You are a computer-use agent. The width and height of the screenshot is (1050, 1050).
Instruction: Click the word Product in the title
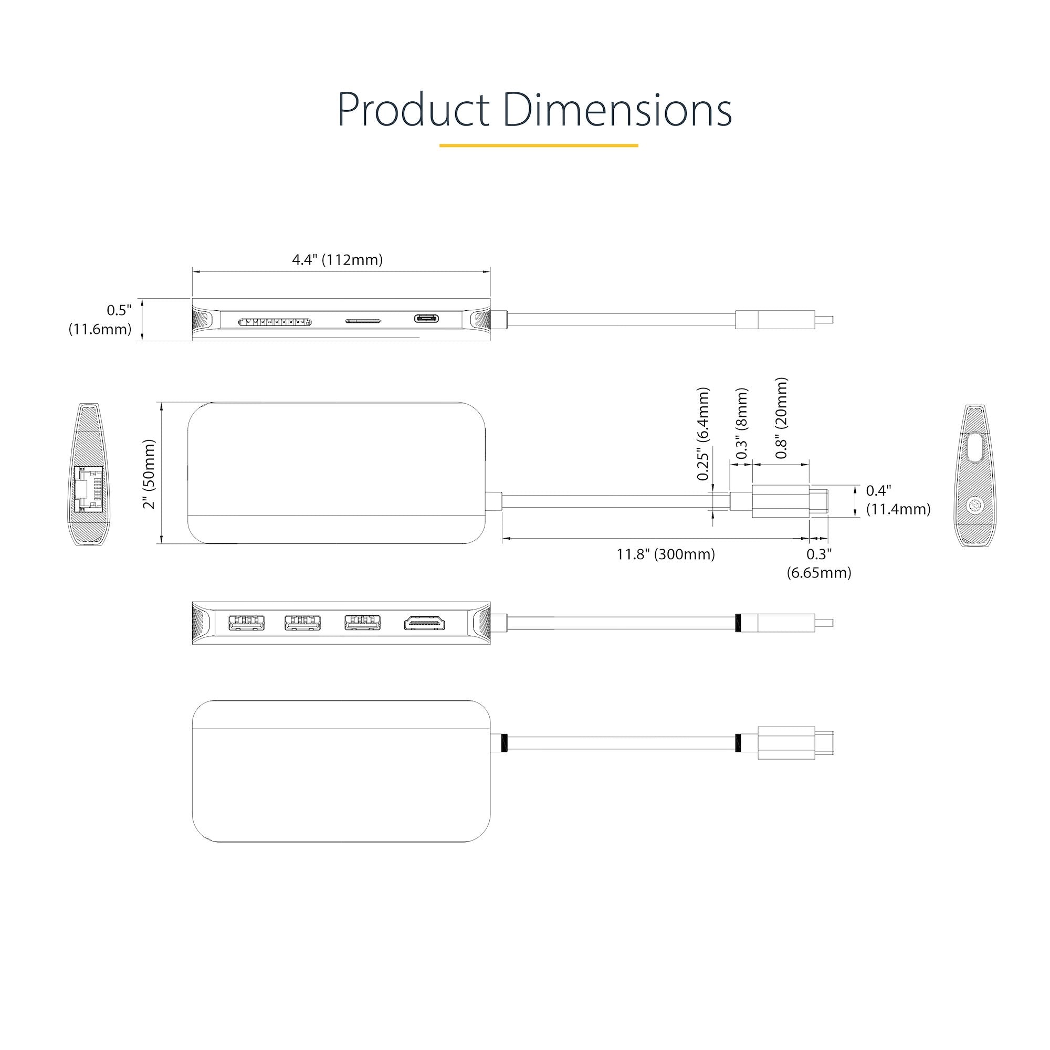tap(413, 110)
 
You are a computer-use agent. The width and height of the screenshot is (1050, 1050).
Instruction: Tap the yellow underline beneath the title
tap(538, 145)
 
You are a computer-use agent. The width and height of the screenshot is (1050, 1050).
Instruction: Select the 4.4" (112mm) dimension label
tap(337, 260)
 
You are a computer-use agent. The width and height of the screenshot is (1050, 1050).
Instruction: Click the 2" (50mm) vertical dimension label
tap(149, 474)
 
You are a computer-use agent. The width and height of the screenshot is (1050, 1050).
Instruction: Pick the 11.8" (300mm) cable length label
tap(665, 554)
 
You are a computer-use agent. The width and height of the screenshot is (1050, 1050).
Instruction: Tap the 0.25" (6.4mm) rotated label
tap(703, 434)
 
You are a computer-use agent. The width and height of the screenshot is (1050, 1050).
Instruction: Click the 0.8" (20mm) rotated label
tap(781, 418)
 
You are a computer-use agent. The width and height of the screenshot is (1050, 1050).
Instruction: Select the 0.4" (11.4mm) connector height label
tap(897, 500)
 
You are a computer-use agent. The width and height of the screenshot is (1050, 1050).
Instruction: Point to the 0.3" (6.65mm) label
tap(818, 563)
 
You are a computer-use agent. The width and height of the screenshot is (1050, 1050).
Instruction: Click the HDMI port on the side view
tap(424, 623)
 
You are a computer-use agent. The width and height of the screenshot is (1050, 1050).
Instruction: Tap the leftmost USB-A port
tap(246, 623)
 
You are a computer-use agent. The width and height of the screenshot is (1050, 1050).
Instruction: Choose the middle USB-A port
tap(302, 623)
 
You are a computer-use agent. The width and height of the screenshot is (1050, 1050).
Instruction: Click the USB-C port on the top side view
tap(427, 318)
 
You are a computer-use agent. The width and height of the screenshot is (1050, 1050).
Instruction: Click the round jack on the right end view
tap(974, 507)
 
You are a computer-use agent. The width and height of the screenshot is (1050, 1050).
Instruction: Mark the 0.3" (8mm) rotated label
tap(741, 424)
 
